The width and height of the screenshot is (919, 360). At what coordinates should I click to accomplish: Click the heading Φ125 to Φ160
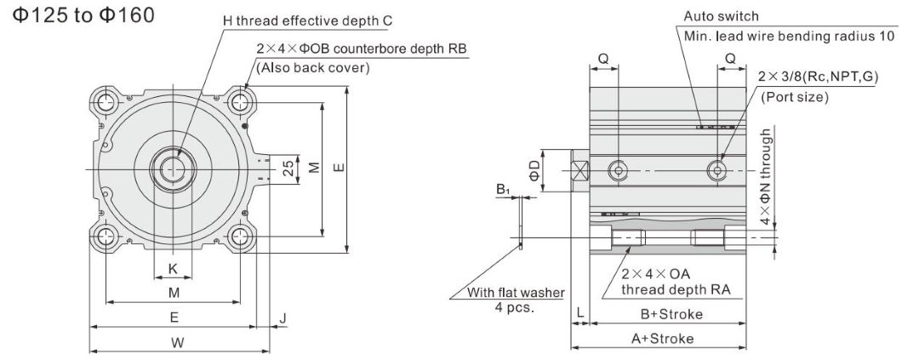(83, 17)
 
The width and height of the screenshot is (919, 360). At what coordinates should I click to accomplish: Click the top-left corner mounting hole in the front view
(106, 103)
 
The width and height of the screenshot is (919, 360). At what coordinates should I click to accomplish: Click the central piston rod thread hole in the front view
(174, 169)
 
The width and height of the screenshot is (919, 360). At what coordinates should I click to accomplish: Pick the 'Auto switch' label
(721, 16)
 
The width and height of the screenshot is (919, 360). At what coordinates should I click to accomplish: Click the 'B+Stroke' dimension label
(671, 314)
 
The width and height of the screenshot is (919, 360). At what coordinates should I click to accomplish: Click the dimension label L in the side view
(579, 314)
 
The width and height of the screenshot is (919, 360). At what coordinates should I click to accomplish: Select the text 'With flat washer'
(516, 293)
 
